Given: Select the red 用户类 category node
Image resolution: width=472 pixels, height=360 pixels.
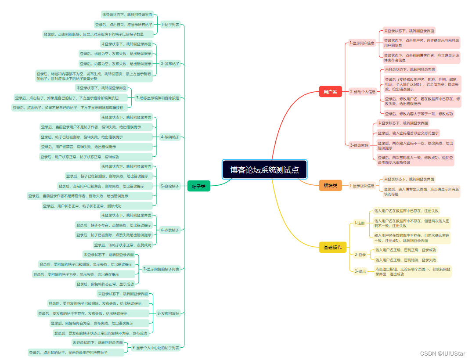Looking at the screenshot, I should click(330, 92).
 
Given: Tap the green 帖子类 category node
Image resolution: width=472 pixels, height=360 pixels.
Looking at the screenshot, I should click(199, 186).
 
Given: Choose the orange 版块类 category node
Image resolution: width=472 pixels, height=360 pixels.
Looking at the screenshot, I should click(330, 186).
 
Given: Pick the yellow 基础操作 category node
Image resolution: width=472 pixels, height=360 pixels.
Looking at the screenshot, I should click(332, 247).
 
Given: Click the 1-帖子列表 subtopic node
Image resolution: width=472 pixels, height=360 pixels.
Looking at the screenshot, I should click(170, 25).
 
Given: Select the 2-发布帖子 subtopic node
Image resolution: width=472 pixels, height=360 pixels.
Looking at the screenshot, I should click(170, 64).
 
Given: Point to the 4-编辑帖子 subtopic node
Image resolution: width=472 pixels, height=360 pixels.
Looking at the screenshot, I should click(170, 137).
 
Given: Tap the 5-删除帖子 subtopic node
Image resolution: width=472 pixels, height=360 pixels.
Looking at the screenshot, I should click(170, 186).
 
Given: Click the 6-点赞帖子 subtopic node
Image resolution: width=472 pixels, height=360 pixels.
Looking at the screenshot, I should click(170, 230).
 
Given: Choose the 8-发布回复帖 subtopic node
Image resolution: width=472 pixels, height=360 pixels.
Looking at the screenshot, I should click(169, 313).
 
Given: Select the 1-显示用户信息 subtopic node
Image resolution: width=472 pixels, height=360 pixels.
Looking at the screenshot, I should click(362, 43).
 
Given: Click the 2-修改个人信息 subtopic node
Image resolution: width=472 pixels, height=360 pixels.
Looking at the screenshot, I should click(363, 92).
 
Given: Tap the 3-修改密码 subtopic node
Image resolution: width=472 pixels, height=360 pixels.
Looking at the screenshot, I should click(359, 145).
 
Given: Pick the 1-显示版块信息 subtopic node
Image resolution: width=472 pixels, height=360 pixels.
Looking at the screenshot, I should click(362, 186).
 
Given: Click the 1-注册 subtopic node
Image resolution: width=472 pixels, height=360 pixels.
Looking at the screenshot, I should click(360, 223).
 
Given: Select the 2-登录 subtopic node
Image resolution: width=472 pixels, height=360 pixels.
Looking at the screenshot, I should click(360, 255).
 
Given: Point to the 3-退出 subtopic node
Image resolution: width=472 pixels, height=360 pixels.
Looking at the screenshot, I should click(360, 271).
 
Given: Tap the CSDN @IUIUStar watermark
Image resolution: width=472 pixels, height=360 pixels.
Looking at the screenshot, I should click(442, 353).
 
